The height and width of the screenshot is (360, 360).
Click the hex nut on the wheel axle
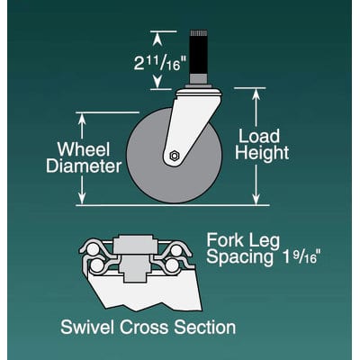coord(175,156)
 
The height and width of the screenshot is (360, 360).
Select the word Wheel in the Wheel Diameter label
coord(84,149)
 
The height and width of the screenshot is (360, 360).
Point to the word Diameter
coord(84,166)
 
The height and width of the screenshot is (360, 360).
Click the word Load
coord(259,136)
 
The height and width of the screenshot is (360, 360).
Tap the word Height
coord(262,153)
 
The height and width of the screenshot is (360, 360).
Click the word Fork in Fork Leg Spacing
coord(225,240)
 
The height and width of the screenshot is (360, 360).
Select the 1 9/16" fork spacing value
coord(301,258)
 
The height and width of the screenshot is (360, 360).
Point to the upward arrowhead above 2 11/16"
coord(157,40)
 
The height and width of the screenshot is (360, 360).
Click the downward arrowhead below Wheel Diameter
coord(82,198)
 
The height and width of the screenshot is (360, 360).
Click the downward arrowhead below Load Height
coord(256,198)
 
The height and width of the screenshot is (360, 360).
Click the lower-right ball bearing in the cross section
coord(173,265)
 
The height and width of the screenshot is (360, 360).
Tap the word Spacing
coord(240,258)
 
